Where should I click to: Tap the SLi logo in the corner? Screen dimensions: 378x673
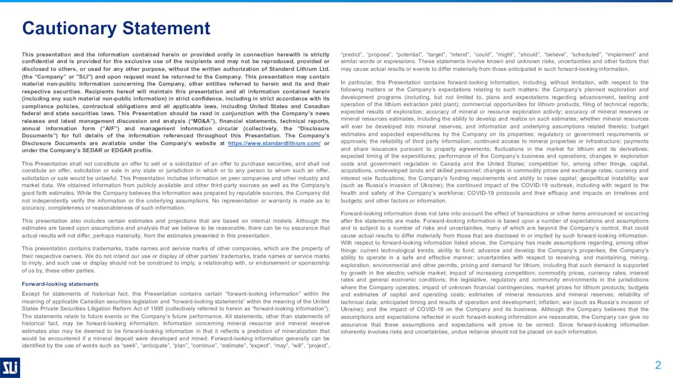[x=10, y=367]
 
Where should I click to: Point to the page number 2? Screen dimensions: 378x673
[x=658, y=365]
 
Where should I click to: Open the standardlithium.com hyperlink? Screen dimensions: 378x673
[x=274, y=143]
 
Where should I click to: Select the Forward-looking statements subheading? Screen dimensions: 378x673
[x=60, y=284]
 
